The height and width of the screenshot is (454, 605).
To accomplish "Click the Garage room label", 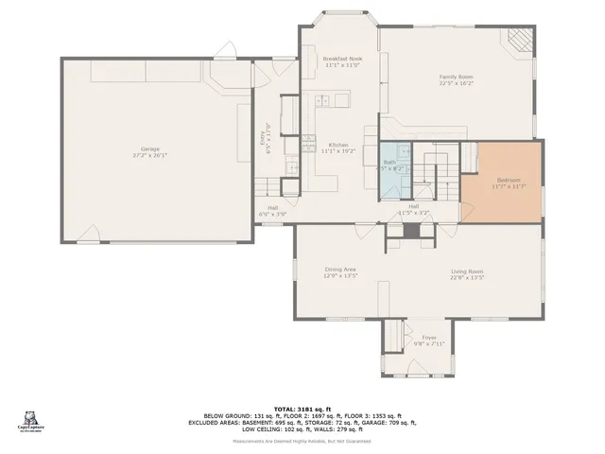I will [149, 148].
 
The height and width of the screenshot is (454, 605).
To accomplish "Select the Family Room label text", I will [456, 77].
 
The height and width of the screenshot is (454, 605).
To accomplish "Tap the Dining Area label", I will [340, 271].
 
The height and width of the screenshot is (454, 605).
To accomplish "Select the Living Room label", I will [467, 271].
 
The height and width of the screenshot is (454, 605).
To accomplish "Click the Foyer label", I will [429, 337].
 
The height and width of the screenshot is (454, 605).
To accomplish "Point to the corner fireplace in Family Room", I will [519, 38].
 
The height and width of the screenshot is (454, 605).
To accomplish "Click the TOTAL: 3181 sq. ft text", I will [302, 407].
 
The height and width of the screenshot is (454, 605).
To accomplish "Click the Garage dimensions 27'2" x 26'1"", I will [149, 155].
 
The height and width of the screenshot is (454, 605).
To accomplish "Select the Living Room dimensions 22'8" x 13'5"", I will [467, 278].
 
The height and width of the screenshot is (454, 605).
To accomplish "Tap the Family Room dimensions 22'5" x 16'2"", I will [456, 83].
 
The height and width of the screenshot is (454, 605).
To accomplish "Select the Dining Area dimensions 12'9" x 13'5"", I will [340, 278].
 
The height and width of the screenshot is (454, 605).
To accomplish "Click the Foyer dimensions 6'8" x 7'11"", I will [429, 343].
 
